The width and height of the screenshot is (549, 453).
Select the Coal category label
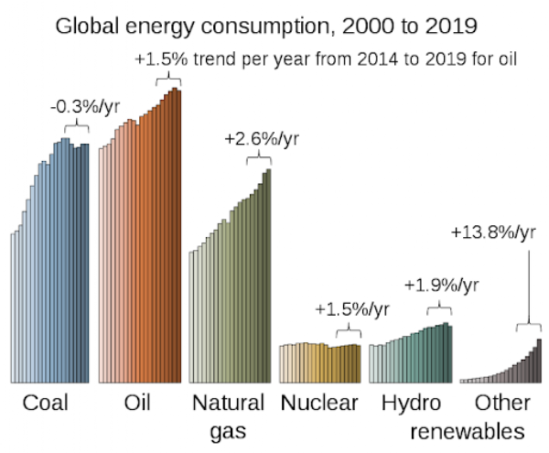(x=46, y=403)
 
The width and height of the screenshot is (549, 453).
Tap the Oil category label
(x=137, y=403)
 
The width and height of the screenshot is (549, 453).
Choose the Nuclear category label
(x=319, y=403)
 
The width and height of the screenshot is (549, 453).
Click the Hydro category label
(x=411, y=403)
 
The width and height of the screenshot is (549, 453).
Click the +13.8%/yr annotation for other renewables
(x=493, y=232)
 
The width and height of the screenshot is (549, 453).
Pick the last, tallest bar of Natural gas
(x=269, y=275)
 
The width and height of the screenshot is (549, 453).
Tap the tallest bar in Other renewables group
(x=540, y=361)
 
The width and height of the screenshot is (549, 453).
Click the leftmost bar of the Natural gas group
(x=190, y=317)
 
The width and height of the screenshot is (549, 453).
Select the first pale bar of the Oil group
(x=101, y=265)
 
